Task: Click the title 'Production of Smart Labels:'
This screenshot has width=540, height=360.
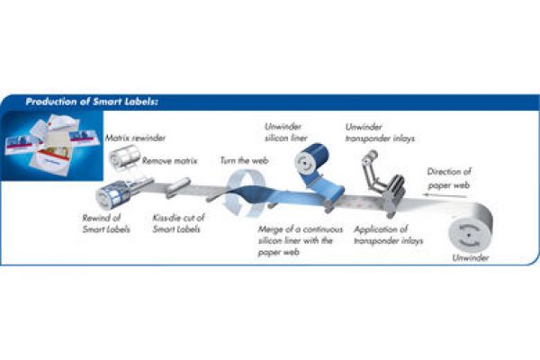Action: pyautogui.click(x=92, y=103)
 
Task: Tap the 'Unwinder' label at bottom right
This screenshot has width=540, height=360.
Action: pyautogui.click(x=469, y=257)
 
